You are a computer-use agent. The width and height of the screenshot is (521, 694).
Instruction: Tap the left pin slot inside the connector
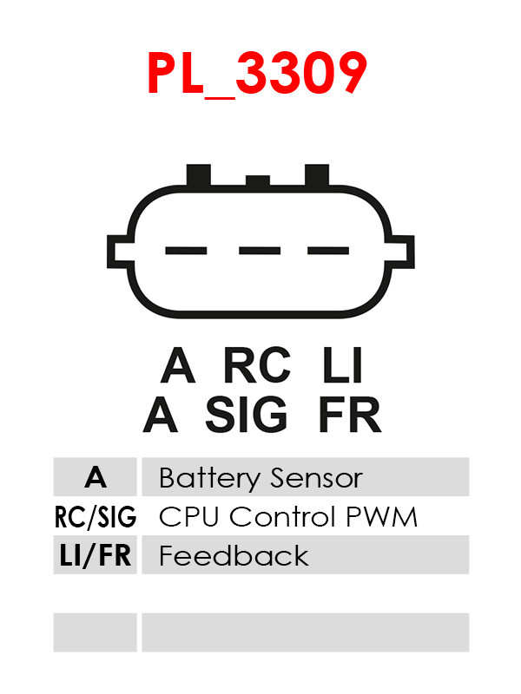coord(185,251)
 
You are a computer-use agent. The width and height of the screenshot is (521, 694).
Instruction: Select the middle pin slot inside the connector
coord(258,251)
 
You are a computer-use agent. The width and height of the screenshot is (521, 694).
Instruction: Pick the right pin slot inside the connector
coord(328,251)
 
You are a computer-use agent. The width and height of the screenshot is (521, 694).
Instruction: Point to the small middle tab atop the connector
coord(258,180)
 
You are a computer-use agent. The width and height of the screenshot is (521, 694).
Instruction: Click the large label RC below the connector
coord(257,365)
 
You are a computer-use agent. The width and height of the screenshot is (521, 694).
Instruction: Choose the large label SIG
coord(247,416)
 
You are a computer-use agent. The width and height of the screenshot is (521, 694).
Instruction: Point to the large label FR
coord(349,416)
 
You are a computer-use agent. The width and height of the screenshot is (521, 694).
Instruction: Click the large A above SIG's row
coord(178,365)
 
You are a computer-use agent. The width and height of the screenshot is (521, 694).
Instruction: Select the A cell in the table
coord(96,477)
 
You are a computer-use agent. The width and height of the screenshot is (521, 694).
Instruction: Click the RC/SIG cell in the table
coord(96,517)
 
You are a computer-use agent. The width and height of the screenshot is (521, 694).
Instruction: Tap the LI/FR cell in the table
coord(96,555)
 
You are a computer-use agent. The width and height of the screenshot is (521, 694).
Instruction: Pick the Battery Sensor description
coord(260,478)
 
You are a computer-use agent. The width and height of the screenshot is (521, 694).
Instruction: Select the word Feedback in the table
coord(234,555)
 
